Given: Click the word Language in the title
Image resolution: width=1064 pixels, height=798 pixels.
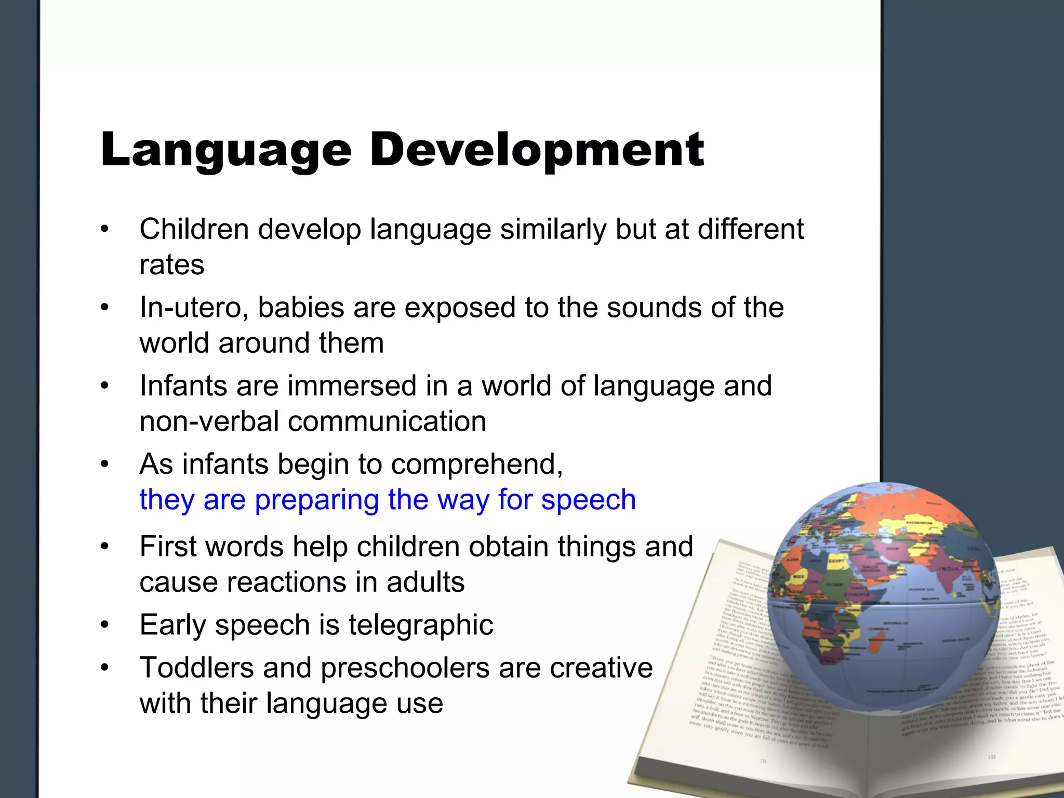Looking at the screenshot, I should point(226,151).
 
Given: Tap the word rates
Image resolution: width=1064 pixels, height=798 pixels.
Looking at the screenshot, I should point(172,265).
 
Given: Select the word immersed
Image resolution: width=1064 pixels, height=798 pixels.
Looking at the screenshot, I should point(353,386).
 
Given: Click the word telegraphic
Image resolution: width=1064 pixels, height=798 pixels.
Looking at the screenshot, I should point(421,624).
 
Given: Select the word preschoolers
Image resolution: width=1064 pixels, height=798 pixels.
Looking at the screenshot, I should point(405,668).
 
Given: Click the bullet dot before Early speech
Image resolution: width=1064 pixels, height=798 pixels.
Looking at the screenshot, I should point(105,626).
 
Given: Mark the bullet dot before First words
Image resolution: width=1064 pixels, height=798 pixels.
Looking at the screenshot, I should point(105,547).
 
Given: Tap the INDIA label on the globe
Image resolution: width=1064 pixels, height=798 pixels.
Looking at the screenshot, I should point(949,569).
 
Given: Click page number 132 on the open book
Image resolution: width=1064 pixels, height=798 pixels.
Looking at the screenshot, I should point(992,757).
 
